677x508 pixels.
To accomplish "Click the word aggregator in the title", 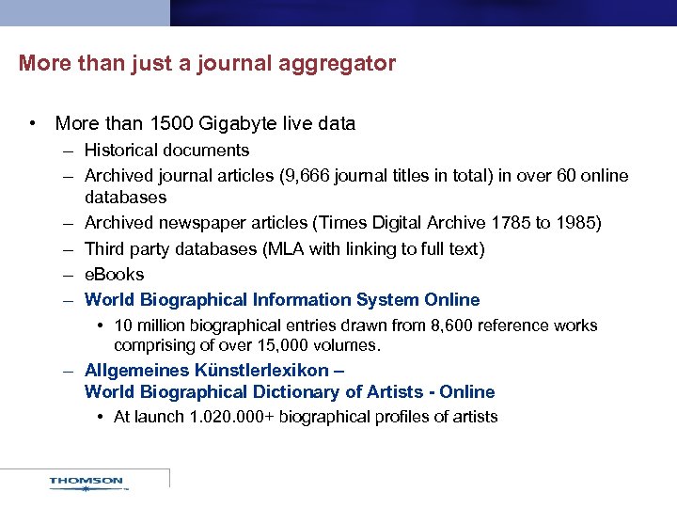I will click(343, 64).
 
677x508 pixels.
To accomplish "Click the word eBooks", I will click(114, 274).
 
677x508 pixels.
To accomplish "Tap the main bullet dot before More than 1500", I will click(33, 123).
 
